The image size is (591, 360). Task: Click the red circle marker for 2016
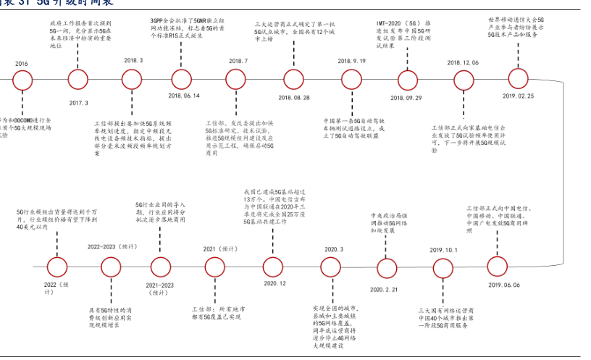point(22,78)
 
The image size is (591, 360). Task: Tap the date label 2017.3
point(78,103)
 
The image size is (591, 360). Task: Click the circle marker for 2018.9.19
point(351,78)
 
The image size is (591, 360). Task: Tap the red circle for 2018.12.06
point(463,78)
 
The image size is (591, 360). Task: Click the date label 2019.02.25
point(519,95)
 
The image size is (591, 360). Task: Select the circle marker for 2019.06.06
point(505,266)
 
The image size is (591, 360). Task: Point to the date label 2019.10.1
point(443,250)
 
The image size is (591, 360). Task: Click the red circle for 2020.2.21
point(384,267)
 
